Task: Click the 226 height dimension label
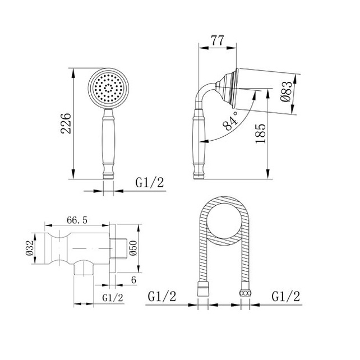(66, 123)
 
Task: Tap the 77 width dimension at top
(217, 40)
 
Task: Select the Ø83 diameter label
(287, 92)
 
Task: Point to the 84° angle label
(230, 121)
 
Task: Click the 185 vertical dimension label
(261, 133)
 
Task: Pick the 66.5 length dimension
(77, 220)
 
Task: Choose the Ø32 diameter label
(30, 248)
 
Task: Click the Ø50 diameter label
(133, 248)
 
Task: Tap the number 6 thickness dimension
(133, 280)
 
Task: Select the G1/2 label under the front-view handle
(150, 183)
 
